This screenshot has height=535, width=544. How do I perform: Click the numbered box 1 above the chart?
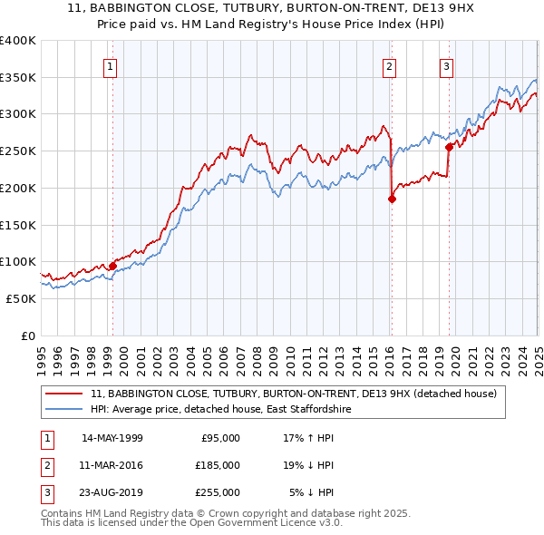click(x=110, y=66)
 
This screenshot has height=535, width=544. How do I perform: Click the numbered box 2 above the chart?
click(x=389, y=66)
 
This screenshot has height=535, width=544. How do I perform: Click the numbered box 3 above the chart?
click(x=447, y=66)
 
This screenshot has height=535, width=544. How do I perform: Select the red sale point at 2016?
click(x=392, y=199)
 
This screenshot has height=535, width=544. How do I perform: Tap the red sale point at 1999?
click(x=113, y=266)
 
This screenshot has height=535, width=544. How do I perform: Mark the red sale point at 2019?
click(x=449, y=147)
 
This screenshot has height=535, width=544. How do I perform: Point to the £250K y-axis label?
click(x=17, y=151)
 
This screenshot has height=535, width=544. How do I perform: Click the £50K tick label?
click(x=21, y=298)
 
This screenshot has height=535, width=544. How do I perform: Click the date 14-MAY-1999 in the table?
click(x=112, y=438)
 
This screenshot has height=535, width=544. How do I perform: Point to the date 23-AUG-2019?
click(x=112, y=492)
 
